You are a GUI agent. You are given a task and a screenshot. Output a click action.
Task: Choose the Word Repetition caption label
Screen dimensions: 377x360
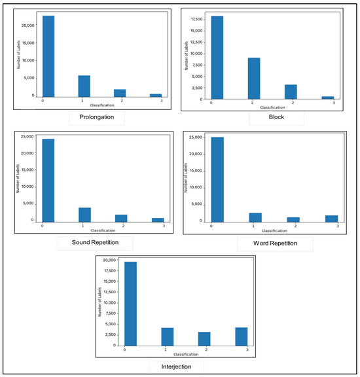point(269,243)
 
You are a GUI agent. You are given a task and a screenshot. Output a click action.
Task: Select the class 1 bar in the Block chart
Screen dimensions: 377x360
point(253,78)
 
